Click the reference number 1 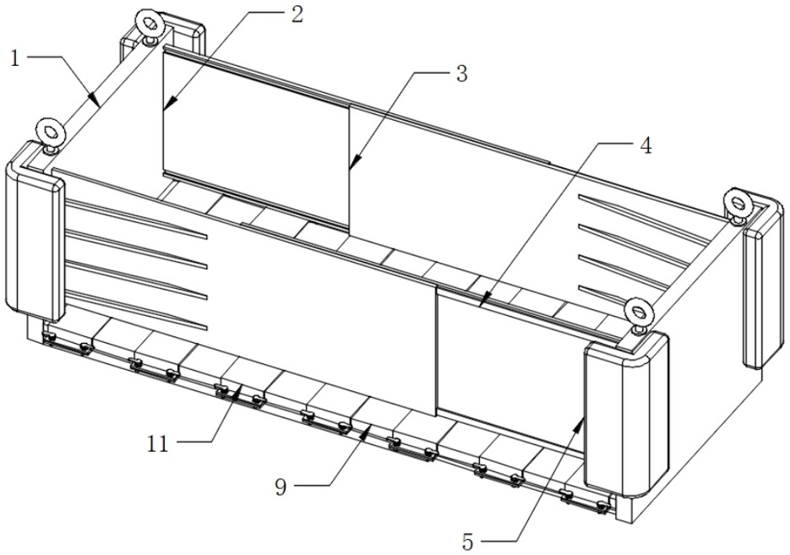tap(15, 59)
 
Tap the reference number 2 tap(297, 14)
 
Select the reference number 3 tap(461, 73)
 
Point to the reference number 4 tap(646, 145)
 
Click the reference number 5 tap(468, 542)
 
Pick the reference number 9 tap(281, 487)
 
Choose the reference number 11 tap(158, 444)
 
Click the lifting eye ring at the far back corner tap(150, 24)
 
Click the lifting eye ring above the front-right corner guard tap(639, 311)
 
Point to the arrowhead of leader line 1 tap(95, 99)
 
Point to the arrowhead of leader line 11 tap(237, 391)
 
